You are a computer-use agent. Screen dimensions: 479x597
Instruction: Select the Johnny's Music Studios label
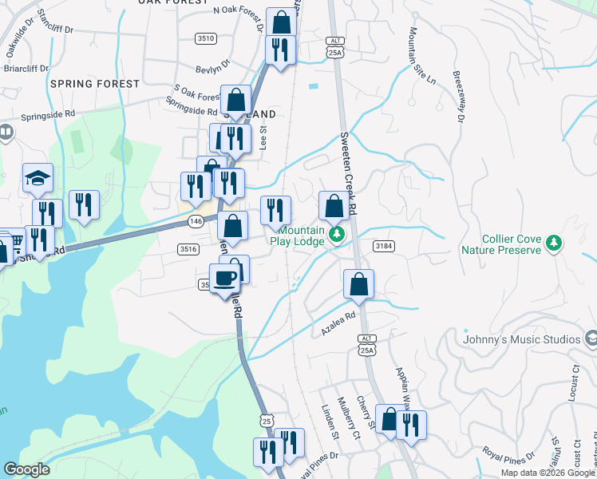[522, 339]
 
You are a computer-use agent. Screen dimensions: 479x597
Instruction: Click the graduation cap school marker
[38, 179]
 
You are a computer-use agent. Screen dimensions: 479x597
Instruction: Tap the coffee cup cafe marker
[225, 279]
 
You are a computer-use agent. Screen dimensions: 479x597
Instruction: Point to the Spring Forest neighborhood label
[95, 83]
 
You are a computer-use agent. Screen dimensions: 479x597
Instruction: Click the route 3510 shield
[206, 38]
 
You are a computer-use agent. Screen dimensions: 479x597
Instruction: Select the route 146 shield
[196, 220]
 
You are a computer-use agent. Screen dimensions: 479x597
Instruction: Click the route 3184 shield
[382, 246]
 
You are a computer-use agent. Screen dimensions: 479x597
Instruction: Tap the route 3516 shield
[188, 249]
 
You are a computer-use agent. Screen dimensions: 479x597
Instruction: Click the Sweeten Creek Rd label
[348, 172]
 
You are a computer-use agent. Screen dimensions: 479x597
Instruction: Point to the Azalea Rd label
[338, 323]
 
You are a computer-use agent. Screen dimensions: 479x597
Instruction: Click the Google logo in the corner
[26, 469]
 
